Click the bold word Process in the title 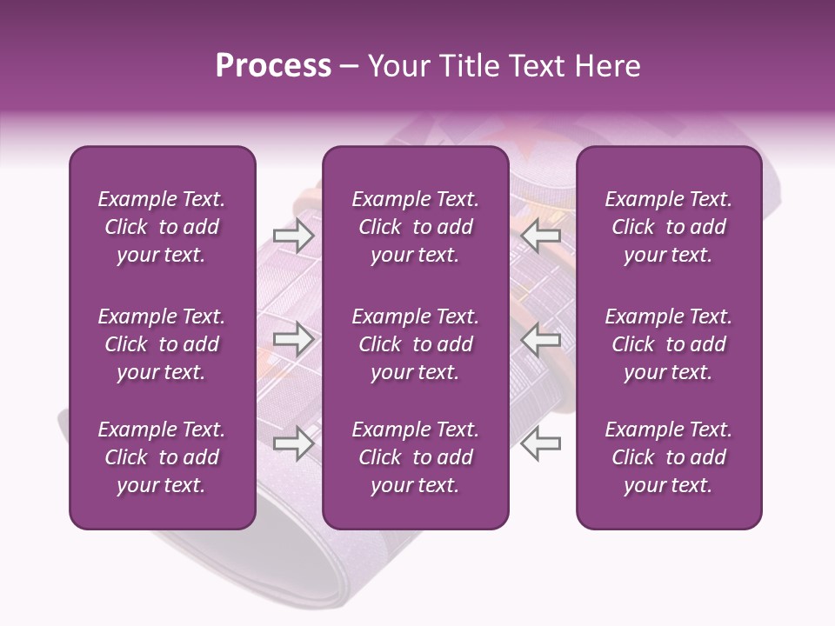point(273,66)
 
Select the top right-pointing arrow point(293,236)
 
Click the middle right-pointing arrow point(293,340)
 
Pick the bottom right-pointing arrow point(293,443)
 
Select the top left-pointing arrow point(541,236)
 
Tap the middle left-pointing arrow point(541,340)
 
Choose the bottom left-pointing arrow point(541,443)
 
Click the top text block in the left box point(162,227)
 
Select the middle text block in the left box point(162,344)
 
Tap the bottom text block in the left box point(162,457)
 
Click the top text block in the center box point(416,227)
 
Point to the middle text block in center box point(416,344)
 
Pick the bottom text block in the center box point(416,457)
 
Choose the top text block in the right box point(669,227)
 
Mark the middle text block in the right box point(669,344)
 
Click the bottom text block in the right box point(669,457)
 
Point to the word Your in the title point(398,66)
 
